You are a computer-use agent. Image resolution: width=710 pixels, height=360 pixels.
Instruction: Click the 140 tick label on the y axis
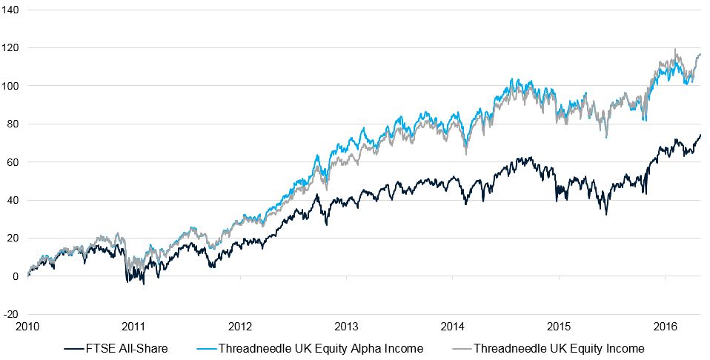click(x=13, y=10)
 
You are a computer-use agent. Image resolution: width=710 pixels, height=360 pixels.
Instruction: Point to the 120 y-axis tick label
click(x=13, y=47)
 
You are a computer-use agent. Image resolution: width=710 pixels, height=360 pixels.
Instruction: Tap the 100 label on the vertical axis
click(x=13, y=86)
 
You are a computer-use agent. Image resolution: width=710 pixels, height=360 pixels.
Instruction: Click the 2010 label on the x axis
click(x=27, y=327)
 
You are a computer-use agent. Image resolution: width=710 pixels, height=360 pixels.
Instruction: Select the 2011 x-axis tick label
click(x=133, y=327)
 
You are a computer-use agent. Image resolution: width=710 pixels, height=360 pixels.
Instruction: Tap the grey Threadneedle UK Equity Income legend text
click(x=559, y=348)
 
